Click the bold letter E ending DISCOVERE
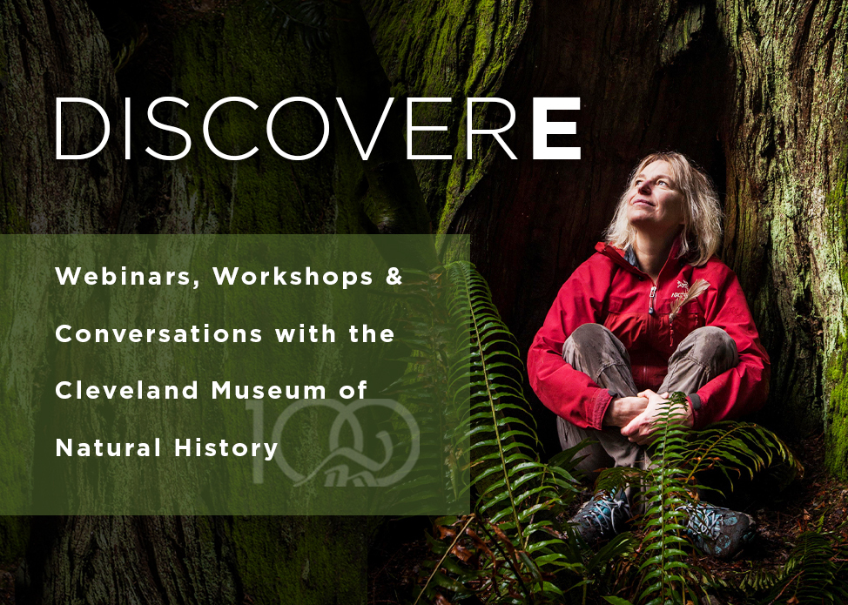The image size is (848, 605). click(x=556, y=128)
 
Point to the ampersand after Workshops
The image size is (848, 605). click(x=394, y=277)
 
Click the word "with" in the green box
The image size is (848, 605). click(x=301, y=334)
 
